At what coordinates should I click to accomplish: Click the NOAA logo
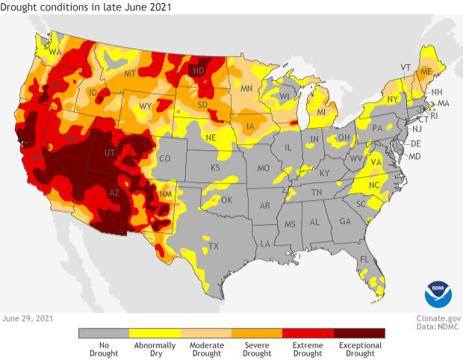(438, 294)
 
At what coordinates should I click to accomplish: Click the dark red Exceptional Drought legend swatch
(359, 333)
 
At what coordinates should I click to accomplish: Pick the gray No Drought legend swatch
(104, 333)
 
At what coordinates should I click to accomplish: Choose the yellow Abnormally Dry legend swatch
(155, 333)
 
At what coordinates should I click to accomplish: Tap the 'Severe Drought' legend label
(257, 350)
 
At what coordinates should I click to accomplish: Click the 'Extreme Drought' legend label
(308, 350)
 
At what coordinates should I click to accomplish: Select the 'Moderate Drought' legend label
(205, 350)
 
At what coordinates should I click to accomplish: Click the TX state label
(213, 246)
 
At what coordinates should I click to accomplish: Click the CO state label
(166, 158)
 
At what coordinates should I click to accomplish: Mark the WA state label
(55, 52)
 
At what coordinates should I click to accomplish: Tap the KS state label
(215, 168)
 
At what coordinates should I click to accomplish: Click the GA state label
(344, 221)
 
